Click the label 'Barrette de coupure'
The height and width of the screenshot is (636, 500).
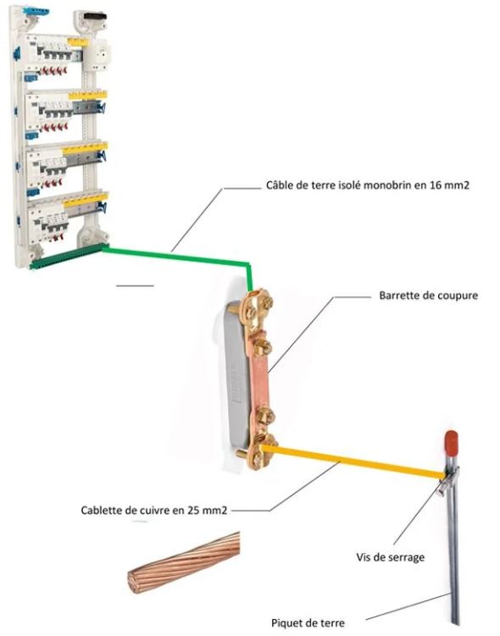tap(428, 296)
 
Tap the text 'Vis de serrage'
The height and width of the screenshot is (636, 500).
tap(391, 557)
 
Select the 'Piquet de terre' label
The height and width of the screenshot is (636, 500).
tap(308, 622)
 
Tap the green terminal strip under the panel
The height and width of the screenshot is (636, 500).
tap(68, 257)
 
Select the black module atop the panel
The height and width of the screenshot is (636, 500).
tap(95, 16)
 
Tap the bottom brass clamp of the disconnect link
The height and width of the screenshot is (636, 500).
tap(259, 451)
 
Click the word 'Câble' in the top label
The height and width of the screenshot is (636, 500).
tap(280, 185)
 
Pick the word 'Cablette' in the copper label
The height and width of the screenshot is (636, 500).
tap(104, 511)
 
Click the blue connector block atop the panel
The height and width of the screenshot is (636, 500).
tap(36, 11)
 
